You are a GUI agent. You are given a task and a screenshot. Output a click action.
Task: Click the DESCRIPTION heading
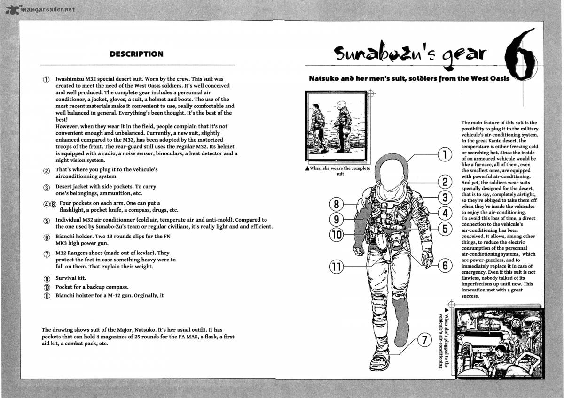point(136,54)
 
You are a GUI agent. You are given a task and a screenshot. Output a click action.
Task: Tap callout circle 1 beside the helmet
point(444,154)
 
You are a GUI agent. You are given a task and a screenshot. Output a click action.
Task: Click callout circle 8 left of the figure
point(336,204)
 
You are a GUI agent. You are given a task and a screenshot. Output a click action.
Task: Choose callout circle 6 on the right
point(444,265)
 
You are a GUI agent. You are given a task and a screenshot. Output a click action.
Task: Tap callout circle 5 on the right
point(444,229)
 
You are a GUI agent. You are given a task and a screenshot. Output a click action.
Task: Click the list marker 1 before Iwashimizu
point(46,80)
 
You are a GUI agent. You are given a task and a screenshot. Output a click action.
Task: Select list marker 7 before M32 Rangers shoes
point(47,254)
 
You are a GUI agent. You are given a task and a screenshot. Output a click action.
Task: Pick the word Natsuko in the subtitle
point(326,78)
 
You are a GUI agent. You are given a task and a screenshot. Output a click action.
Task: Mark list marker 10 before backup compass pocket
point(47,287)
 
